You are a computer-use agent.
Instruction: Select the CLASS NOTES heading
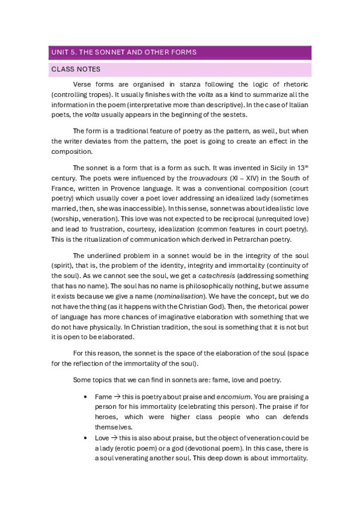[x=76, y=70]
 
